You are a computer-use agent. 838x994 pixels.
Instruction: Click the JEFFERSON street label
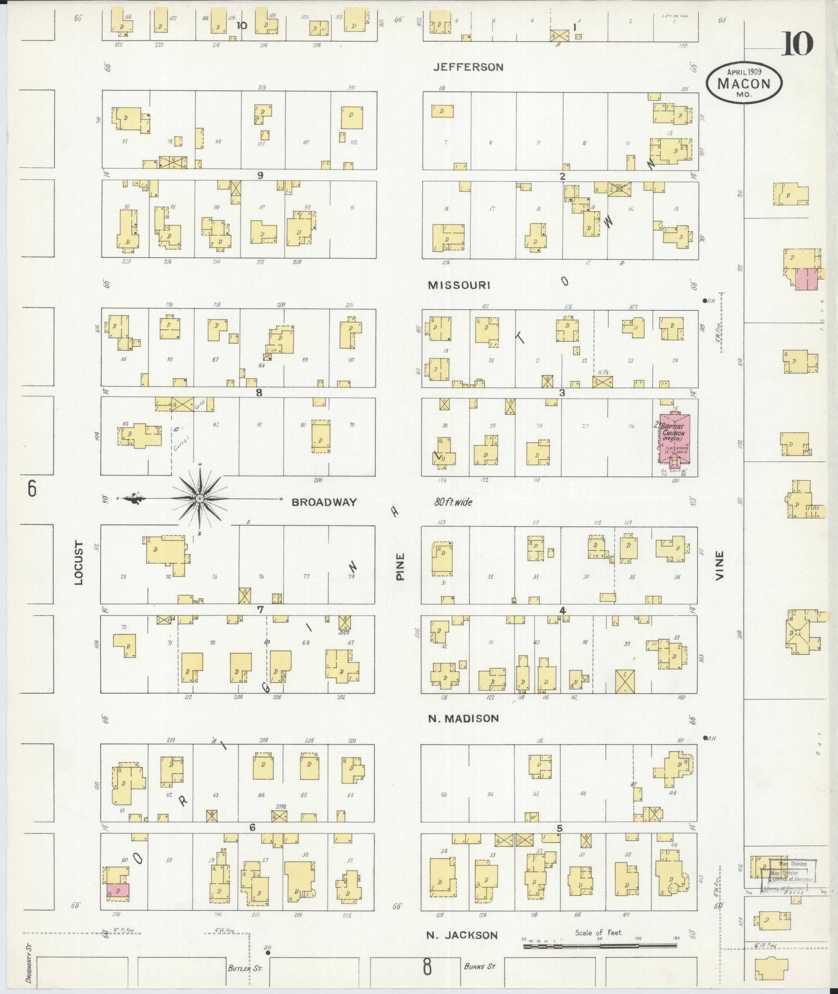[x=469, y=67]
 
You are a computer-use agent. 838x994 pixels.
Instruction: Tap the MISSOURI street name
[x=459, y=285]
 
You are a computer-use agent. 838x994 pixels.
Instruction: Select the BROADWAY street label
[x=324, y=502]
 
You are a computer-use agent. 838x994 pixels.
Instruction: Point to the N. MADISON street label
[x=463, y=718]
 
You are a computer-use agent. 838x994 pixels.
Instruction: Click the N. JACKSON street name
[x=462, y=935]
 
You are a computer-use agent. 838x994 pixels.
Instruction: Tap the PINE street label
[x=400, y=566]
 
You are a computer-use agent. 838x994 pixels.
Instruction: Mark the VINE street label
[x=720, y=566]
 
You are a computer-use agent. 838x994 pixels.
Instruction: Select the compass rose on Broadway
[x=199, y=499]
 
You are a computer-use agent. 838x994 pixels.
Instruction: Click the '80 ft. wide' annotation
[x=454, y=502]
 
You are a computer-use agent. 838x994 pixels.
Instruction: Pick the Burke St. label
[x=480, y=967]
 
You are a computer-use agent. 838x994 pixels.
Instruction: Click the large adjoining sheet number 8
[x=427, y=968]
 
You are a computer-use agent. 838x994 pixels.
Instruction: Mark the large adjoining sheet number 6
[x=32, y=489]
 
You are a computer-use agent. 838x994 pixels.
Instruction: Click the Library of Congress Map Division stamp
[x=787, y=878]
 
